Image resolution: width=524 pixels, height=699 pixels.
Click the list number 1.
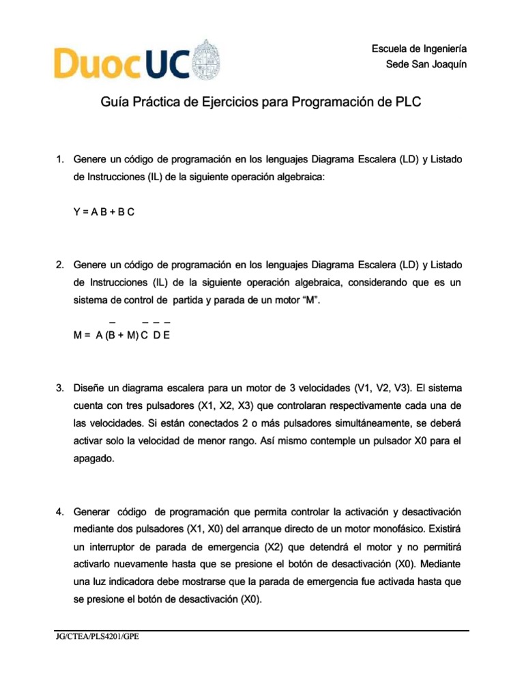pos(59,159)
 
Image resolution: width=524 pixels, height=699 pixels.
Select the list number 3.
pos(59,388)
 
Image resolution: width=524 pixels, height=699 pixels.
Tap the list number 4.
pos(59,512)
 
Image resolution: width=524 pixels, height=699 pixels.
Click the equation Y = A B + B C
pos(104,212)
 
